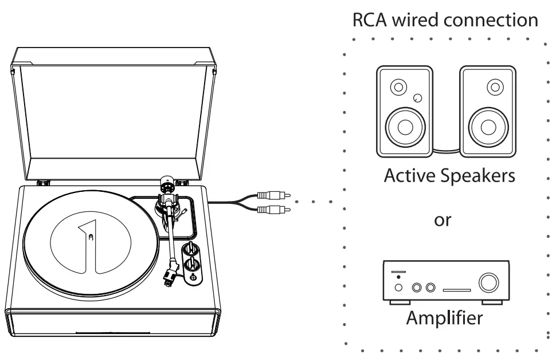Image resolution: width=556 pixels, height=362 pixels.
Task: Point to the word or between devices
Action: coord(442,221)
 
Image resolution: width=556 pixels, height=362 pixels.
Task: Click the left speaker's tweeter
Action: coord(396,88)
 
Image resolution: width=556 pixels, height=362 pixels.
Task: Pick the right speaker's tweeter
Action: coord(492,88)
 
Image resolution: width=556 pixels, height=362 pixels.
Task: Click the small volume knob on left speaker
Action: coord(418,97)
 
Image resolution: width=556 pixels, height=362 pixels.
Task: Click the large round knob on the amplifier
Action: coord(491,282)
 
